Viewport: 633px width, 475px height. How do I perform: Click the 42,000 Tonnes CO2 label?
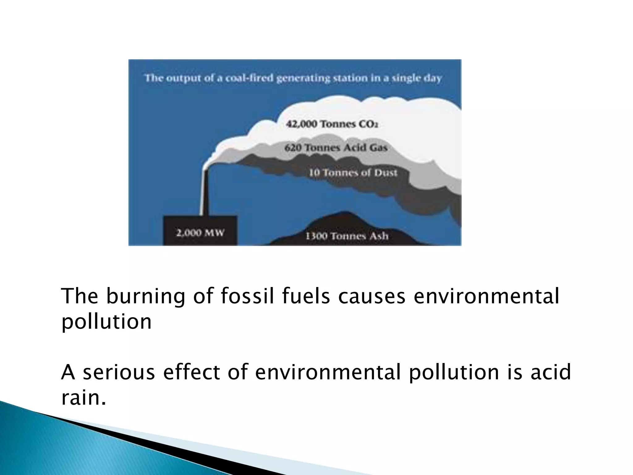[332, 124]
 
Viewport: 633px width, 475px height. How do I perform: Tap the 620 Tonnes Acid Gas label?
[336, 148]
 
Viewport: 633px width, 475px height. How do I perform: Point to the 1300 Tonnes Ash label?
[347, 236]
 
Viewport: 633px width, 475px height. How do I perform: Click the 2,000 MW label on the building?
[200, 233]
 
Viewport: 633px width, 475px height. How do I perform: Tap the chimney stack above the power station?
[204, 192]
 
